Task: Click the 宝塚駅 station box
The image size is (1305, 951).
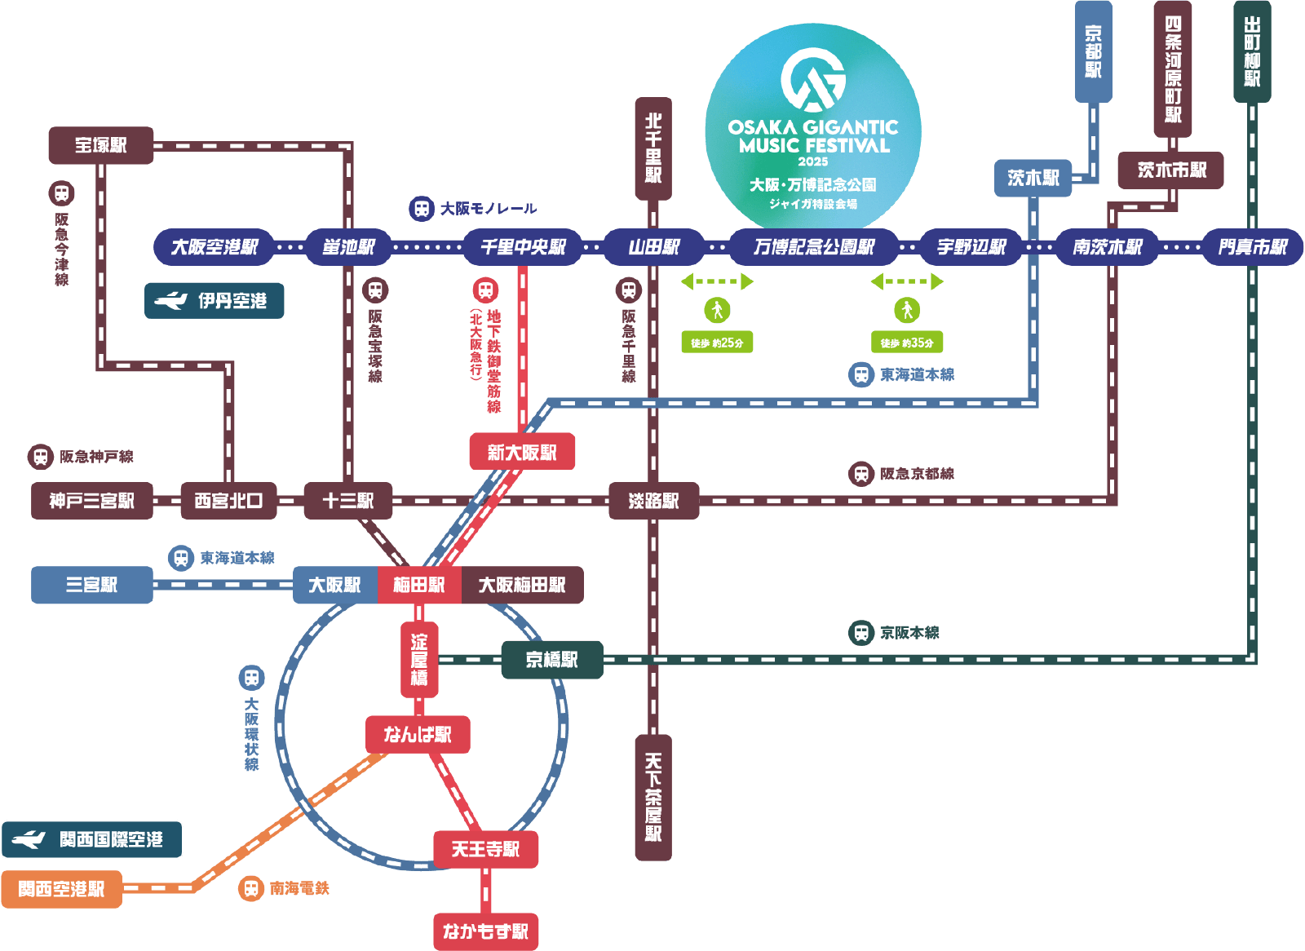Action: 101,145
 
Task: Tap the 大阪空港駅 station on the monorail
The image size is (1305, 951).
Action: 214,247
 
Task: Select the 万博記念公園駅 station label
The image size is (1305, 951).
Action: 814,247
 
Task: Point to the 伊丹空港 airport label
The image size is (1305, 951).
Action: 215,301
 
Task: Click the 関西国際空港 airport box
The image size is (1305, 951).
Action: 92,839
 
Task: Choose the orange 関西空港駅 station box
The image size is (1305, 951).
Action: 61,889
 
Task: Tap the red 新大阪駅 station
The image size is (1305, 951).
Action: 522,452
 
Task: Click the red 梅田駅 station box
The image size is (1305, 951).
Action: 419,585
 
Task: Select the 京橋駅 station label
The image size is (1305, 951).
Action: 552,660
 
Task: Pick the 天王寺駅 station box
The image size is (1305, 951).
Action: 486,850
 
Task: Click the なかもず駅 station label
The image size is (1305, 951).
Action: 486,931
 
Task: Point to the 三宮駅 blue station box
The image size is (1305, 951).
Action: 92,585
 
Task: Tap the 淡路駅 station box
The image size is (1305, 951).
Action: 653,501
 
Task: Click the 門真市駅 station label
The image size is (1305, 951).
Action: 1253,247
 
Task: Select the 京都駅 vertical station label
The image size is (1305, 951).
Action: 1093,51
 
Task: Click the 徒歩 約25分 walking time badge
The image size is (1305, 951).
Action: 717,343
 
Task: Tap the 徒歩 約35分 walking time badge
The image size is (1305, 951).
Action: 907,343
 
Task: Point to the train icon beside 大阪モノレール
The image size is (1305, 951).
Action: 422,209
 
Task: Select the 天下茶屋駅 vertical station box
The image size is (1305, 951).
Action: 653,797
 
